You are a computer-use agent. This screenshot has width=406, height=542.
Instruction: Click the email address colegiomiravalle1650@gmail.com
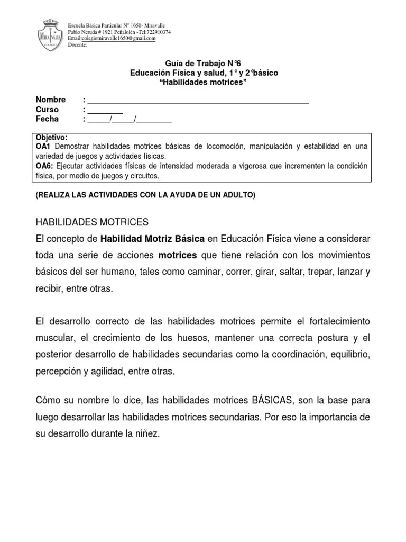[x=116, y=39]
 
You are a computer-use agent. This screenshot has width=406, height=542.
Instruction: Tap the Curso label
[x=47, y=110]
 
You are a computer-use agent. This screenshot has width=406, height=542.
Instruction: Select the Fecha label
[x=47, y=119]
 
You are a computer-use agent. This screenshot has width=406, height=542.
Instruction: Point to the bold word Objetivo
[x=51, y=137]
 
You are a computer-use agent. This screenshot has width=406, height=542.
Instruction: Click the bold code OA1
[x=43, y=146]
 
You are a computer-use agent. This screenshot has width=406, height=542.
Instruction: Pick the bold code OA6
[x=44, y=166]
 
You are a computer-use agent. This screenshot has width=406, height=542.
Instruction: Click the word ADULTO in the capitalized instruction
[x=239, y=195]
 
